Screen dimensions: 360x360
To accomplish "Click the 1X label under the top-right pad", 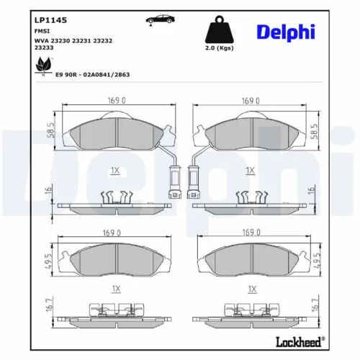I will coord(250,171).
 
